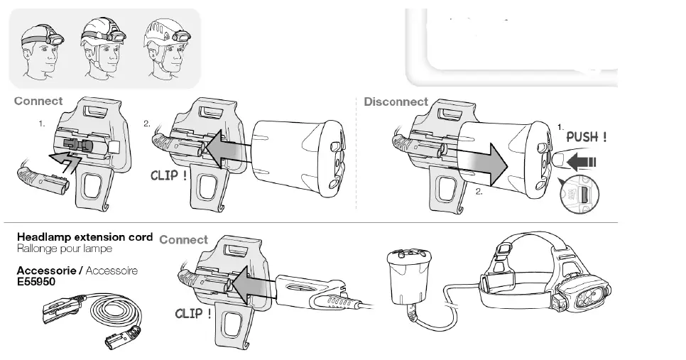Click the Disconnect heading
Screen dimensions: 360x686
396,102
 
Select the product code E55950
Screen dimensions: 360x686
36,281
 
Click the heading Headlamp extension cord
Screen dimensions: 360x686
85,236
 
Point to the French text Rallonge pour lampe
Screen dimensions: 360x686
65,249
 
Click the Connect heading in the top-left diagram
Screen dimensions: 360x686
38,102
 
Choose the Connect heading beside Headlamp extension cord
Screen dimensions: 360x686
184,240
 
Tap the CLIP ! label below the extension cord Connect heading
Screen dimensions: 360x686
193,313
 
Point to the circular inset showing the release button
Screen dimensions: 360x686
579,195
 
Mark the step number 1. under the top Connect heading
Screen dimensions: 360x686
42,124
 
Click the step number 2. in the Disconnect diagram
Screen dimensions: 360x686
480,192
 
